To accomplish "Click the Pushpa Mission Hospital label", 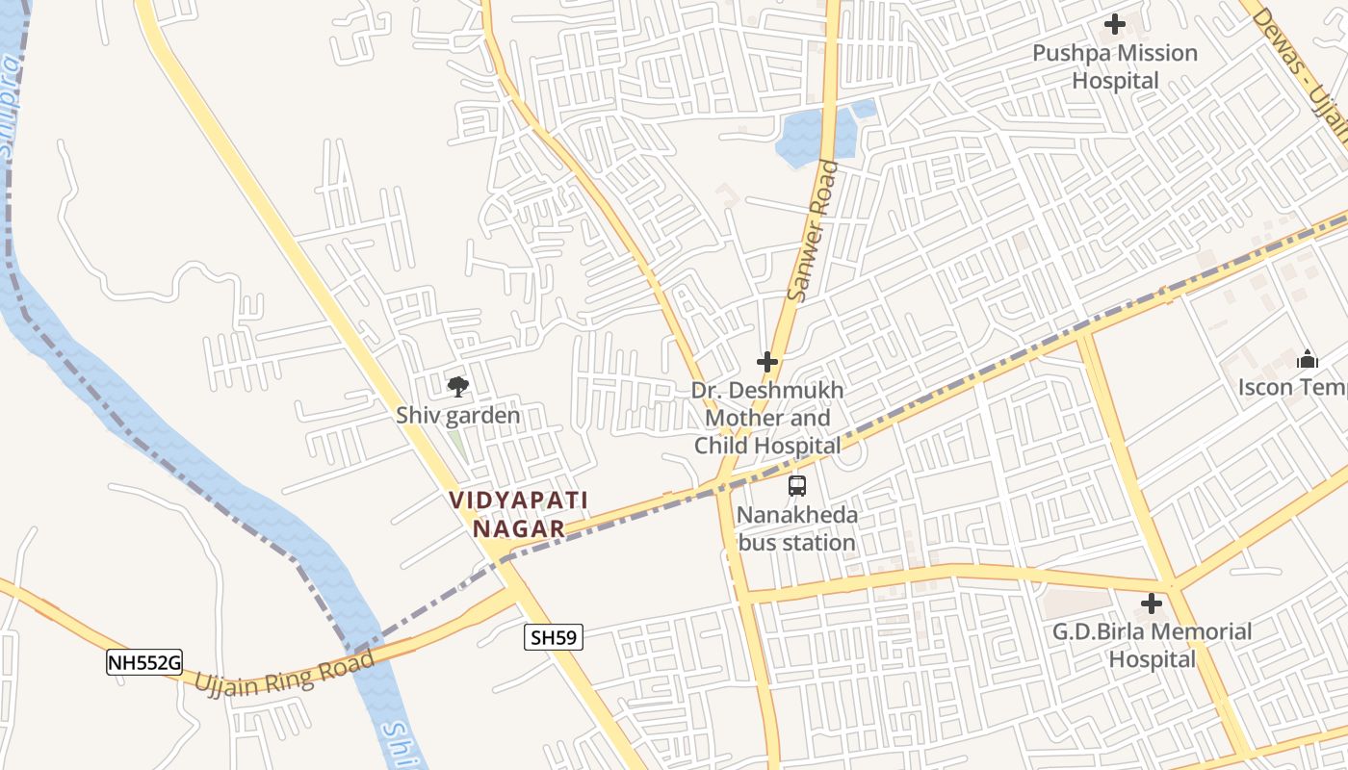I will pyautogui.click(x=1115, y=66).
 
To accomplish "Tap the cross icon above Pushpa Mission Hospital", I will pyautogui.click(x=1115, y=24).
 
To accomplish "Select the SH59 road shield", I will pyautogui.click(x=554, y=637).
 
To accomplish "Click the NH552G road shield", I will pyautogui.click(x=144, y=662).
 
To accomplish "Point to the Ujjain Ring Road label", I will pyautogui.click(x=285, y=672).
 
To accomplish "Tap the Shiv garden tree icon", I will pyautogui.click(x=458, y=387).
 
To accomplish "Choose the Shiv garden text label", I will pyautogui.click(x=458, y=416).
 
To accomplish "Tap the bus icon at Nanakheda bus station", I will pyautogui.click(x=797, y=486).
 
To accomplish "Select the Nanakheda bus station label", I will pyautogui.click(x=796, y=528).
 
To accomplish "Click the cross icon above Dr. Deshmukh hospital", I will pyautogui.click(x=767, y=362).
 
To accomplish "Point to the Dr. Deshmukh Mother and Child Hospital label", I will pyautogui.click(x=767, y=418).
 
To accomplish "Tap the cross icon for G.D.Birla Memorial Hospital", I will pyautogui.click(x=1152, y=604).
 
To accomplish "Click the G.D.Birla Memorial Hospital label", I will pyautogui.click(x=1152, y=645).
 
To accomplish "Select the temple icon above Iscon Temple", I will pyautogui.click(x=1308, y=360).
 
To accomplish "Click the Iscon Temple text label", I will pyautogui.click(x=1292, y=387).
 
